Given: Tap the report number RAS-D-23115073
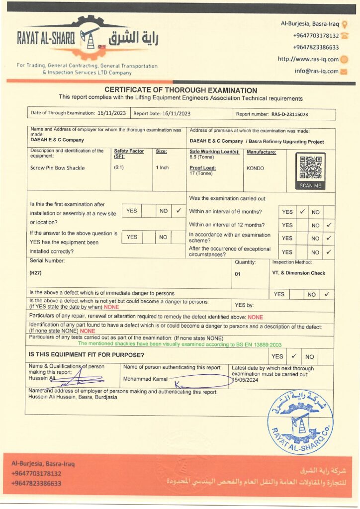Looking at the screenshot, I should pyautogui.click(x=289, y=114).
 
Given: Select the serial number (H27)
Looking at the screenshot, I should pyautogui.click(x=36, y=273).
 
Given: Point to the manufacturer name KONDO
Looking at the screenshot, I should pyautogui.click(x=255, y=168).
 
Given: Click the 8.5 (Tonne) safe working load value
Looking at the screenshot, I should pyautogui.click(x=201, y=157).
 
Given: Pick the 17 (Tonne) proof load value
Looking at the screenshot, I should pyautogui.click(x=201, y=173).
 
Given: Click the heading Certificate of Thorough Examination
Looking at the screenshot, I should pyautogui.click(x=180, y=90).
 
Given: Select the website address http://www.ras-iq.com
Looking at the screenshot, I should pyautogui.click(x=308, y=59).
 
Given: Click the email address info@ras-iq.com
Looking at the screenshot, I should pyautogui.click(x=316, y=71).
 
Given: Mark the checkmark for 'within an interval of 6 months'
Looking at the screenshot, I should pyautogui.click(x=302, y=211).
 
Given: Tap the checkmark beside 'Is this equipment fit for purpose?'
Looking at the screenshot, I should pyautogui.click(x=294, y=356).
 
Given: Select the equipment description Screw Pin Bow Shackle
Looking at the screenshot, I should pyautogui.click(x=58, y=168).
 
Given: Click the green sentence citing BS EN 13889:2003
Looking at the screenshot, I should pyautogui.click(x=180, y=343).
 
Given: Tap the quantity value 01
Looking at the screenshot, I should pyautogui.click(x=238, y=273).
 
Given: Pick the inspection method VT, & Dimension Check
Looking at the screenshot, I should pyautogui.click(x=298, y=273).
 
